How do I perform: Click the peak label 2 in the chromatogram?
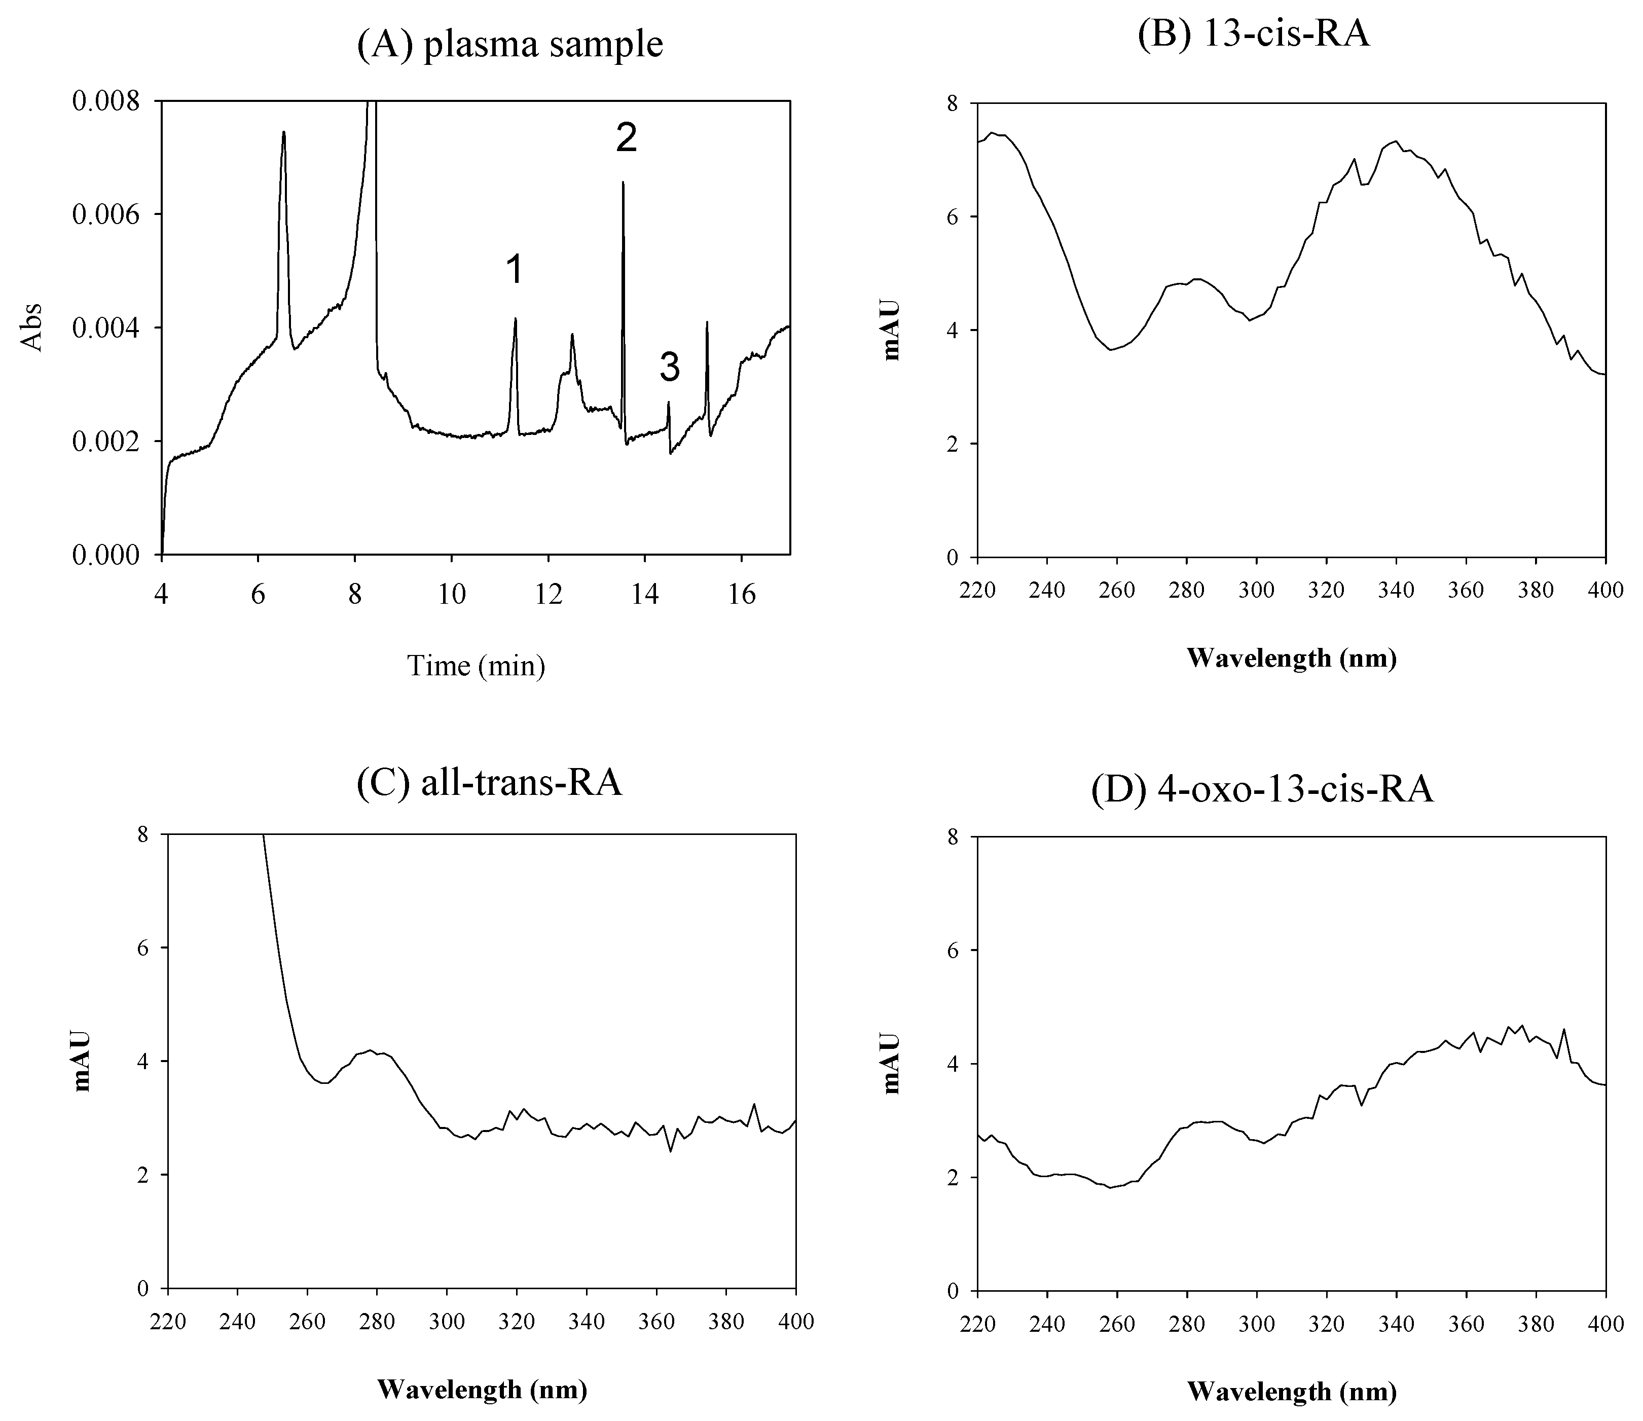pos(626,139)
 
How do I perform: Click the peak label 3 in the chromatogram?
pos(669,368)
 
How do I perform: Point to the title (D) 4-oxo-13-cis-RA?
pos(1262,790)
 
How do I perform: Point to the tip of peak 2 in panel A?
pos(623,183)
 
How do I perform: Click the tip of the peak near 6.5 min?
pos(283,132)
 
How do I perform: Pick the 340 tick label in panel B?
pos(1397,590)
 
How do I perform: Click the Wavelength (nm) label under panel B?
pos(1291,658)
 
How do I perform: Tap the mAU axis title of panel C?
pos(83,1061)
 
